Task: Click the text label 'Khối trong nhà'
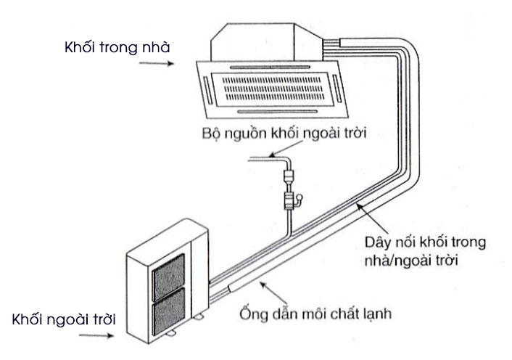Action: pyautogui.click(x=116, y=47)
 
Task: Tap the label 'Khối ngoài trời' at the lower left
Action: pyautogui.click(x=63, y=319)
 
